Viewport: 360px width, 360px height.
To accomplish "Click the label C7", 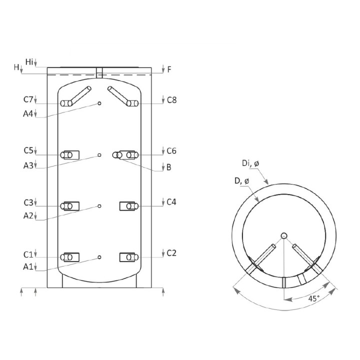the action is [x=28, y=99].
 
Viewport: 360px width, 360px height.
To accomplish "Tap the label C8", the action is [x=171, y=100].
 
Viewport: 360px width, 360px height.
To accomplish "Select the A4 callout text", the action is [x=28, y=113].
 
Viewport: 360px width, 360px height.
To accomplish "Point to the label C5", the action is [x=28, y=150].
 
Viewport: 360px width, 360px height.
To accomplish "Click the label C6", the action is [x=171, y=151].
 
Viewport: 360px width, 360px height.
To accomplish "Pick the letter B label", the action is [x=169, y=167].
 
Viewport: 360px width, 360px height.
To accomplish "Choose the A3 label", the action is [x=28, y=165].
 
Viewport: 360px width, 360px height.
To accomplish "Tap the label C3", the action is [x=28, y=202].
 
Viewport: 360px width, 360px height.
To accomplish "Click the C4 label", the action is [x=171, y=202].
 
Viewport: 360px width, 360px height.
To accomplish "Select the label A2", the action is [x=28, y=216].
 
